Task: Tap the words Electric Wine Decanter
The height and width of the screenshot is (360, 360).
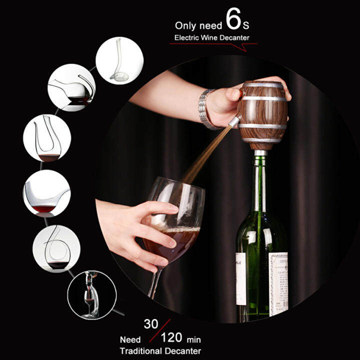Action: pos(211,37)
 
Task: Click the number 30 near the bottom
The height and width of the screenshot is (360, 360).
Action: pos(151,323)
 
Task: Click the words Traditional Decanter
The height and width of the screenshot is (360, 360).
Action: pos(160,350)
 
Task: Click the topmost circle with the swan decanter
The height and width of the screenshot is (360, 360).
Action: pos(119,60)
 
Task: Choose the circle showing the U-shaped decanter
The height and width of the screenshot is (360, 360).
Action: pos(46,138)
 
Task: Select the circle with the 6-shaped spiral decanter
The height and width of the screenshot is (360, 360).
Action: pos(56,248)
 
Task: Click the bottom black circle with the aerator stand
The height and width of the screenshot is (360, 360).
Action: pos(91,295)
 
